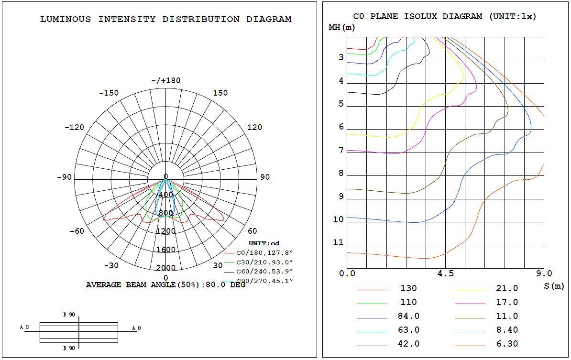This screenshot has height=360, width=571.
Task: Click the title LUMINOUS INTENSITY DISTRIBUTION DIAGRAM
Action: coord(165,20)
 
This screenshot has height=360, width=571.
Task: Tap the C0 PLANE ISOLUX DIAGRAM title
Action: coord(445,16)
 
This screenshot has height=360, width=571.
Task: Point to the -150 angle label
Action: coord(109,93)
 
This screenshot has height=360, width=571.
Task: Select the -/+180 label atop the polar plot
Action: coord(166,80)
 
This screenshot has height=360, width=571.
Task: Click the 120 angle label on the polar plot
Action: coord(254,127)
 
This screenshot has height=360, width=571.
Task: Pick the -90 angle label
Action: coord(64,177)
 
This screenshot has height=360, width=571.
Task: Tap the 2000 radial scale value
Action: coord(166,268)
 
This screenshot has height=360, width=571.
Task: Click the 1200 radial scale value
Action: coord(166,231)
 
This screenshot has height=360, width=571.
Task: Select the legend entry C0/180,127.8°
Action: coord(264,253)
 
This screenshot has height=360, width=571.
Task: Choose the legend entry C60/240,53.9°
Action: coord(264,271)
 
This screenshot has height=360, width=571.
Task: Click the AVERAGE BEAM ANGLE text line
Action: coord(165,285)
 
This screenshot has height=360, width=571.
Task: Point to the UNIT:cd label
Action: coord(264,244)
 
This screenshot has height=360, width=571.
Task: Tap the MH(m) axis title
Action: coord(342,27)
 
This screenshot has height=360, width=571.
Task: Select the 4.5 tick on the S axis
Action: coord(445,274)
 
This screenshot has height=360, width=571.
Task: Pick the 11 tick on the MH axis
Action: coord(338,243)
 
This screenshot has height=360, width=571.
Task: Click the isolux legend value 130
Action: coord(408,288)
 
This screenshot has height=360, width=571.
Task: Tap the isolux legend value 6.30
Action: coord(507,344)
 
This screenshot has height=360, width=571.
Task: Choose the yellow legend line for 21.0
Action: coord(470,290)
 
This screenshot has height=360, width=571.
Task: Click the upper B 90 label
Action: coord(69,315)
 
